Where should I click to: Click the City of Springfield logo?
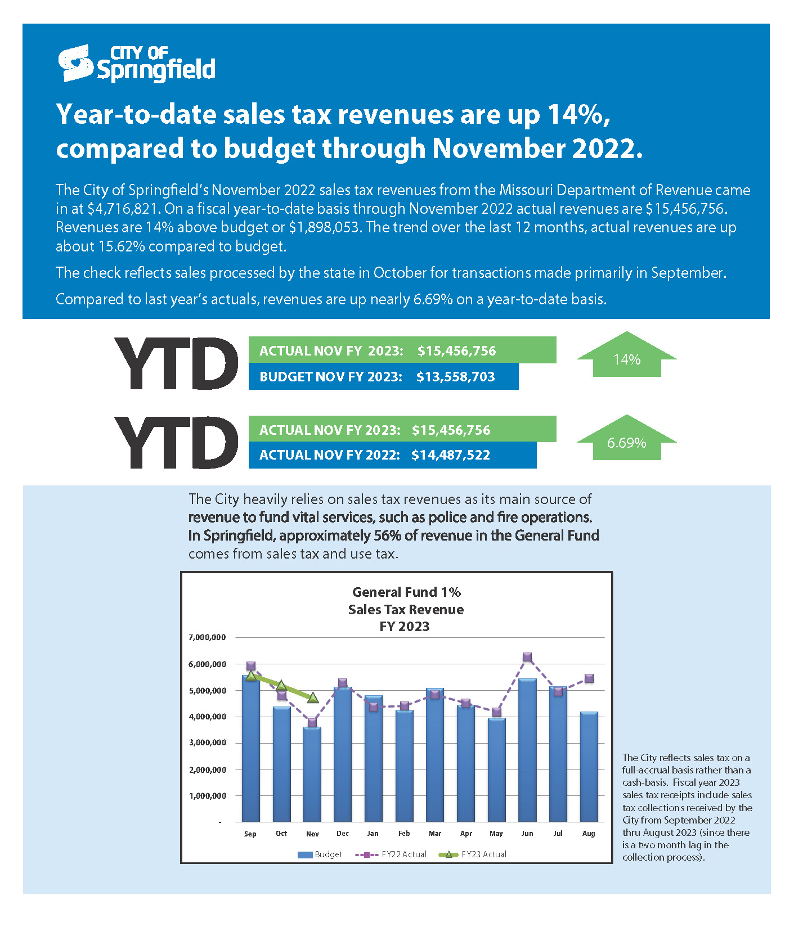(137, 64)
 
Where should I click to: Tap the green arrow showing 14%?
(627, 354)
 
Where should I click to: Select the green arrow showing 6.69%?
(627, 438)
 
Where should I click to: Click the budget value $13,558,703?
(456, 377)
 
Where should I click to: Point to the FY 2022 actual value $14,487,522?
(451, 455)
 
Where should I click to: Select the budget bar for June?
(527, 750)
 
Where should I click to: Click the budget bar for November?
(312, 775)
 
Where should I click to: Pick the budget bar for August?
(589, 767)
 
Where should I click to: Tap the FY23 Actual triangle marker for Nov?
(313, 697)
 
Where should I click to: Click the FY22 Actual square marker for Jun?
(527, 657)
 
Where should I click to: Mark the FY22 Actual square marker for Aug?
(589, 678)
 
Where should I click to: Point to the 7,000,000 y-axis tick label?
(207, 637)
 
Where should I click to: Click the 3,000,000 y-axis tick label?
(207, 742)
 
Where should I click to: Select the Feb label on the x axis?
(404, 834)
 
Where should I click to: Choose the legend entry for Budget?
(320, 854)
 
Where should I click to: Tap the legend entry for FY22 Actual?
(391, 854)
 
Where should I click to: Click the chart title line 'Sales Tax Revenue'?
(406, 610)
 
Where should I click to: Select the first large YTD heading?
(176, 363)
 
